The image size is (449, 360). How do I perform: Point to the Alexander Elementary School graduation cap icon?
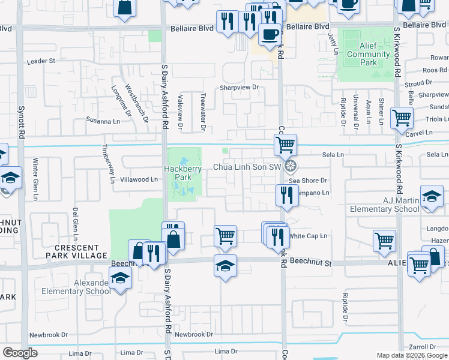click(120, 277)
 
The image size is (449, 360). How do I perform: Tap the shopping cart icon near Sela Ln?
click(285, 144)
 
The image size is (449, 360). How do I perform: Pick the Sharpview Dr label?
click(238, 87)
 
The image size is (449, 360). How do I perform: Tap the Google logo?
click(20, 353)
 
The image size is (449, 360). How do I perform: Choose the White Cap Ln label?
click(308, 236)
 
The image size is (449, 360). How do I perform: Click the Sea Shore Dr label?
click(307, 180)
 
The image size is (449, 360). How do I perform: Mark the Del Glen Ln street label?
click(76, 221)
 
